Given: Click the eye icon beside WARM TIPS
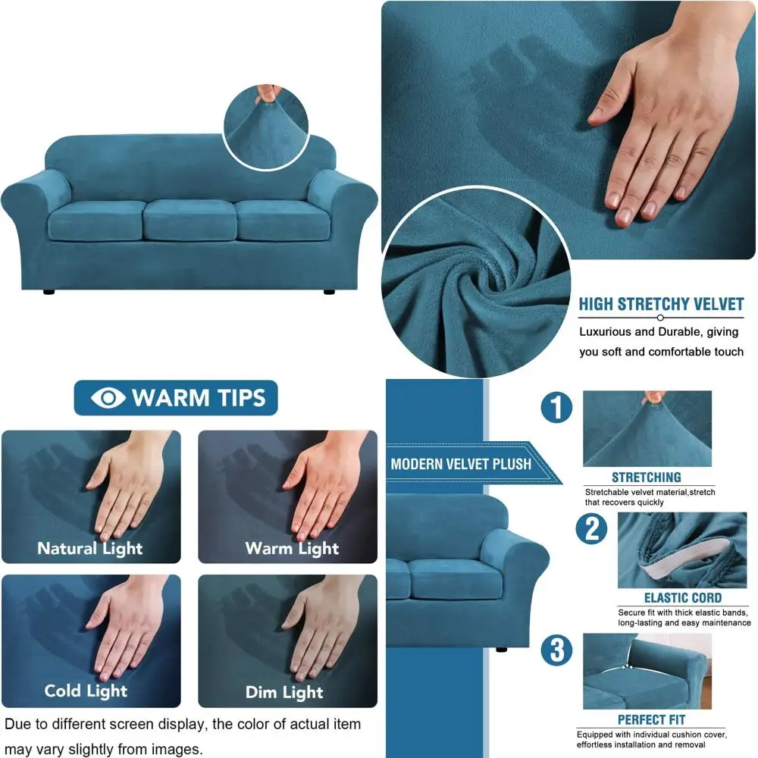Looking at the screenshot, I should coord(108,398).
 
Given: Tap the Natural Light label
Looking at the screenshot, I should coord(90,548).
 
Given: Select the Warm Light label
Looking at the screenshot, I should coord(292,548).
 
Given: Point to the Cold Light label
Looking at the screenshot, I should coord(86,691).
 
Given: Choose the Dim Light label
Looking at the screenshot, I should coord(284,692).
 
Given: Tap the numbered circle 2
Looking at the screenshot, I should coord(591,528).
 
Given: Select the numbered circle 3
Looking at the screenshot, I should coord(556,650).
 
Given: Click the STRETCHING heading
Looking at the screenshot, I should coord(647,478).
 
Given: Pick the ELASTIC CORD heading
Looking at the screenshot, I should coord(683,598).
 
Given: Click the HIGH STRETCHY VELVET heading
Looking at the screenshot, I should coord(661,305).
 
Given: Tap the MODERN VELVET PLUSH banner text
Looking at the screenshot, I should coord(461,464).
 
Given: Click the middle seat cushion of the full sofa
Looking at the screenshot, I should coord(189,220).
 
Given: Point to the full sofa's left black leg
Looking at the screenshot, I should coord(49,290).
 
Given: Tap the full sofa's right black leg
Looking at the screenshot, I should coord(329,290).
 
